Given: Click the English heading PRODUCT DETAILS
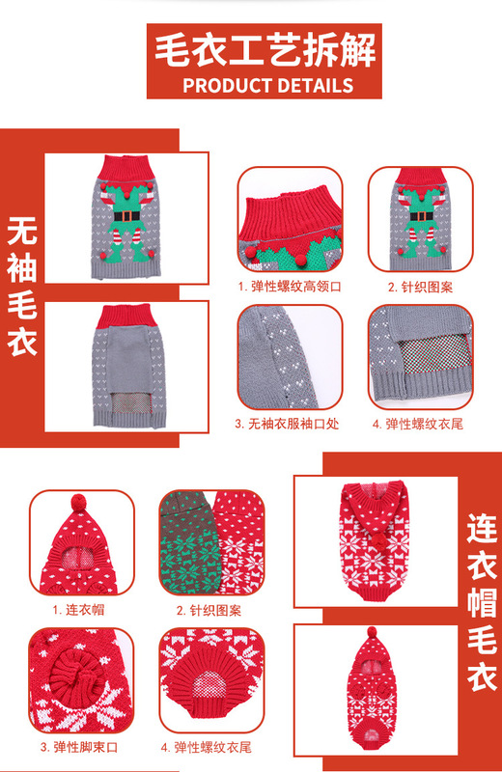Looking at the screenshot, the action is pos(268,86).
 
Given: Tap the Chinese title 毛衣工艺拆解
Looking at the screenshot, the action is pos(265,50).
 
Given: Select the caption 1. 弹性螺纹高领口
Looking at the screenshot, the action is pos(290,287).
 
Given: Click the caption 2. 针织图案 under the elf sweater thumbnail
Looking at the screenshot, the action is pos(420,287).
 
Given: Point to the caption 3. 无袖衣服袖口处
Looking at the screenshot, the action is pos(287,424).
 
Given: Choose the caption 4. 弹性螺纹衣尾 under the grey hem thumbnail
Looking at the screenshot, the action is pos(418,424).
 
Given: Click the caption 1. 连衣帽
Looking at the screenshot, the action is pos(79,610).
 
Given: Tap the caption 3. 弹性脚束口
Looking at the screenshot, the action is pos(79,747).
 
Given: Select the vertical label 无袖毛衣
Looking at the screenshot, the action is pos(22,287).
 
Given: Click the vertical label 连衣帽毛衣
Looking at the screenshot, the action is pos(482,602).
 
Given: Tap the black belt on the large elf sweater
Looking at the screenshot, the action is pos(127,216).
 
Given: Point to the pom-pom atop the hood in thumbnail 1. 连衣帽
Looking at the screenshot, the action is pos(79,503).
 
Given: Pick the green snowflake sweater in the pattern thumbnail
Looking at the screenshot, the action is pos(189,541).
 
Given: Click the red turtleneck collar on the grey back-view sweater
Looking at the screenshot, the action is pos(126,317).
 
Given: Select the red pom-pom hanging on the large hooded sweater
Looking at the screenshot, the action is pos(379,540).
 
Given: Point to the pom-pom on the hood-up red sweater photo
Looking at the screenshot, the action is pos(372,632).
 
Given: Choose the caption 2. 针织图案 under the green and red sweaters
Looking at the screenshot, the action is pos(209,611).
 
